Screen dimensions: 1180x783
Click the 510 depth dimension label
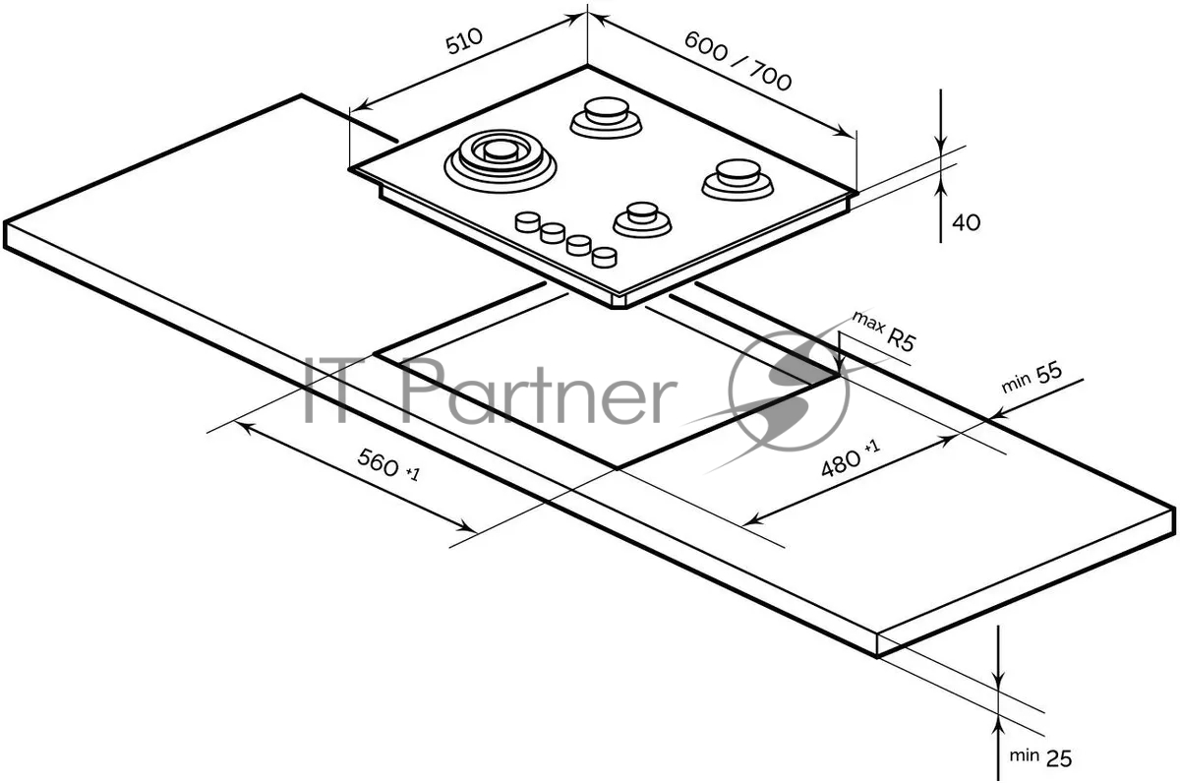[x=463, y=41]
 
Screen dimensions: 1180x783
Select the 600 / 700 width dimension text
[x=737, y=61]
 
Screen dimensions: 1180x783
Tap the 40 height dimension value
[x=966, y=223]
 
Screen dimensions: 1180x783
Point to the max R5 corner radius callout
[x=884, y=331]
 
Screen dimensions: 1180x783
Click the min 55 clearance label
[x=1032, y=378]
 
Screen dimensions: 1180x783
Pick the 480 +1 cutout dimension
[x=851, y=458]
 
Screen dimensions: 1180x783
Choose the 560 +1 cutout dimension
[x=388, y=464]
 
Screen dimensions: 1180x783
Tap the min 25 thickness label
[x=1040, y=757]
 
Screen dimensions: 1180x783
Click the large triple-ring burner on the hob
[x=500, y=161]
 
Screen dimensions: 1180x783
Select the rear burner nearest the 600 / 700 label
[x=606, y=117]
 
